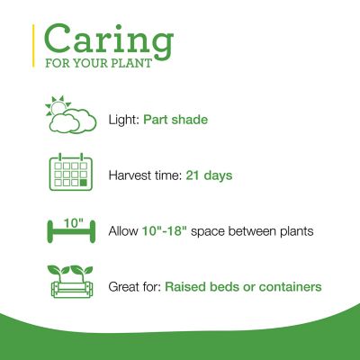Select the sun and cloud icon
click(70, 116)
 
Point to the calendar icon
click(70, 173)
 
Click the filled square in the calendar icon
click(84, 182)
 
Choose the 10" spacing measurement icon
click(70, 231)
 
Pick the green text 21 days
click(210, 175)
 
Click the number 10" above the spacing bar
click(70, 219)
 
